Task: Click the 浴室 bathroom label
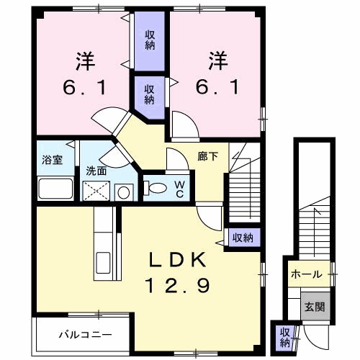tap(53, 160)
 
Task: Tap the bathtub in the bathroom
tap(55, 189)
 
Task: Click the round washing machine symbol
tap(124, 192)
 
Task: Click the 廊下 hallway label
tap(208, 157)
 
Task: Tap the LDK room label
tap(178, 259)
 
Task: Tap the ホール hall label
tap(307, 274)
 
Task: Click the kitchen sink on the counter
tap(103, 264)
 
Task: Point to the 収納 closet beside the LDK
tap(243, 238)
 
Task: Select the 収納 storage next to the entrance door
tap(285, 338)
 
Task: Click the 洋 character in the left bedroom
tap(86, 61)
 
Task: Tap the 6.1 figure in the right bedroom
tap(217, 87)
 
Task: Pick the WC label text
tap(180, 189)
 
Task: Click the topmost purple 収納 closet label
tap(150, 40)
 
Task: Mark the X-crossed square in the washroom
tap(96, 191)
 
